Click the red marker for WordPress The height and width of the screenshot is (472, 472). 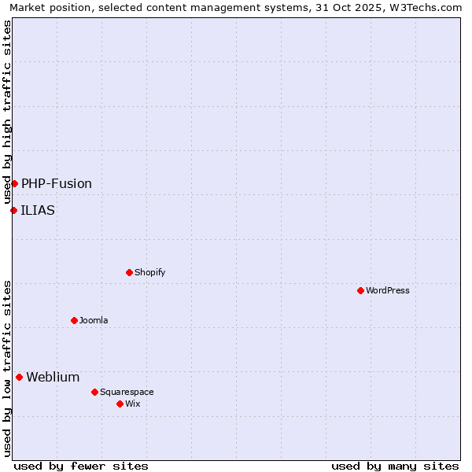tap(360, 290)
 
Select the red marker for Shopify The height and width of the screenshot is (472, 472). tap(129, 272)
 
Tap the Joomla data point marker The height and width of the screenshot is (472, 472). tap(74, 320)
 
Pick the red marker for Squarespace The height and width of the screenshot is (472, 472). tap(94, 392)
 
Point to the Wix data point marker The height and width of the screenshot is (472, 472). tap(120, 404)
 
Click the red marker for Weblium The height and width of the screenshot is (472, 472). tap(19, 377)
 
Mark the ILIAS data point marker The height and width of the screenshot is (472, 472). tap(13, 210)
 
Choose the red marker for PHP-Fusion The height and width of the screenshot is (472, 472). tap(14, 183)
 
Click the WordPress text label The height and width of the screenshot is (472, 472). tap(388, 290)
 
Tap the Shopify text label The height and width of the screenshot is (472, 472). tap(149, 272)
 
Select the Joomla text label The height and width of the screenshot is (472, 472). tap(94, 320)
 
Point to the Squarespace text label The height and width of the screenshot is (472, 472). tap(127, 392)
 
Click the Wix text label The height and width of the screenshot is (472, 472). tap(132, 404)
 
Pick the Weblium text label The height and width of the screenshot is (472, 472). tap(53, 377)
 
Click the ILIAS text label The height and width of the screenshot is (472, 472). tap(38, 210)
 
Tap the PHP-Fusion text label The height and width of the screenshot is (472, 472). tap(57, 183)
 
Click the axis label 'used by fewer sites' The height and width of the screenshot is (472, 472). tap(81, 466)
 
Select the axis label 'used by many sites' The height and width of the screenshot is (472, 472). tap(395, 466)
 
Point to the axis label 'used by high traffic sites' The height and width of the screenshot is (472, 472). tap(8, 112)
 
